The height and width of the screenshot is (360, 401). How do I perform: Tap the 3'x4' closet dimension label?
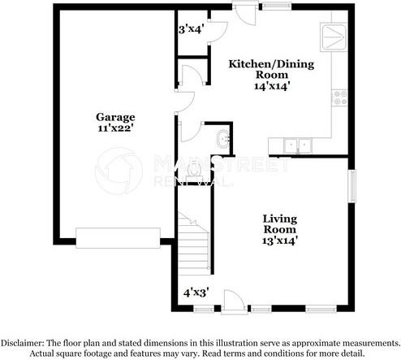(x=192, y=29)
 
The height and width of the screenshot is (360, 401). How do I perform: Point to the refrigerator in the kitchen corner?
(x=336, y=36)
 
